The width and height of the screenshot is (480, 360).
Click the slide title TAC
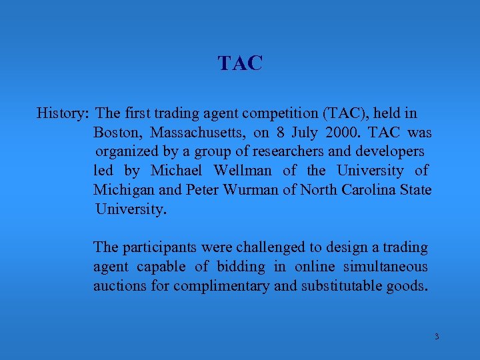click(240, 63)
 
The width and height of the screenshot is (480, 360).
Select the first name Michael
click(177, 171)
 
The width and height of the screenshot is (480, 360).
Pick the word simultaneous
click(386, 267)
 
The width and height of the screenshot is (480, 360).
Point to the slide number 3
click(437, 337)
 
